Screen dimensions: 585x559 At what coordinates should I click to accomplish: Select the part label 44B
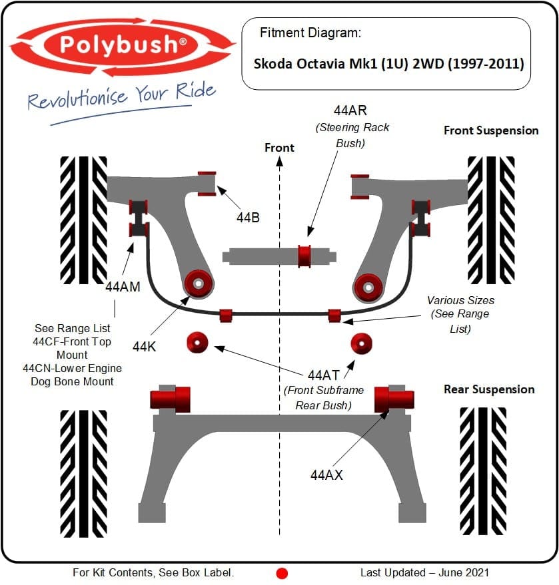tap(248, 216)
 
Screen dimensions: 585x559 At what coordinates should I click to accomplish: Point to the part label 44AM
tap(123, 287)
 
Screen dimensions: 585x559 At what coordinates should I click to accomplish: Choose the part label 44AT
tap(323, 375)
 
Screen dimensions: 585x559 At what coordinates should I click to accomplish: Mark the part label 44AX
tap(326, 475)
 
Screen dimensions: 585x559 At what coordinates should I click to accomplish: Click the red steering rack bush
tap(304, 254)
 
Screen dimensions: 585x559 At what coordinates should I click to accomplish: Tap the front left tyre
tap(83, 220)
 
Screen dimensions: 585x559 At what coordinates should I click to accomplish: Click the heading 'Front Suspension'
tap(491, 130)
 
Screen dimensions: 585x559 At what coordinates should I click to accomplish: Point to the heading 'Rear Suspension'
tap(489, 389)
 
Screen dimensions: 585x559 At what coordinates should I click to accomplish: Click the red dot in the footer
tap(282, 573)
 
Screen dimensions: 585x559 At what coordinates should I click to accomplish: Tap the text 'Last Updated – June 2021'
tap(424, 572)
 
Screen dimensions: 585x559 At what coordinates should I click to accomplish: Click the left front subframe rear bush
tap(198, 342)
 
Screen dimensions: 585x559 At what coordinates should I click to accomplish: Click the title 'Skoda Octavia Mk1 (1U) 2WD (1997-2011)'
tap(388, 65)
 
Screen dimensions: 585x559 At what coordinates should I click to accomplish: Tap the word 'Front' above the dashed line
tap(279, 147)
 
